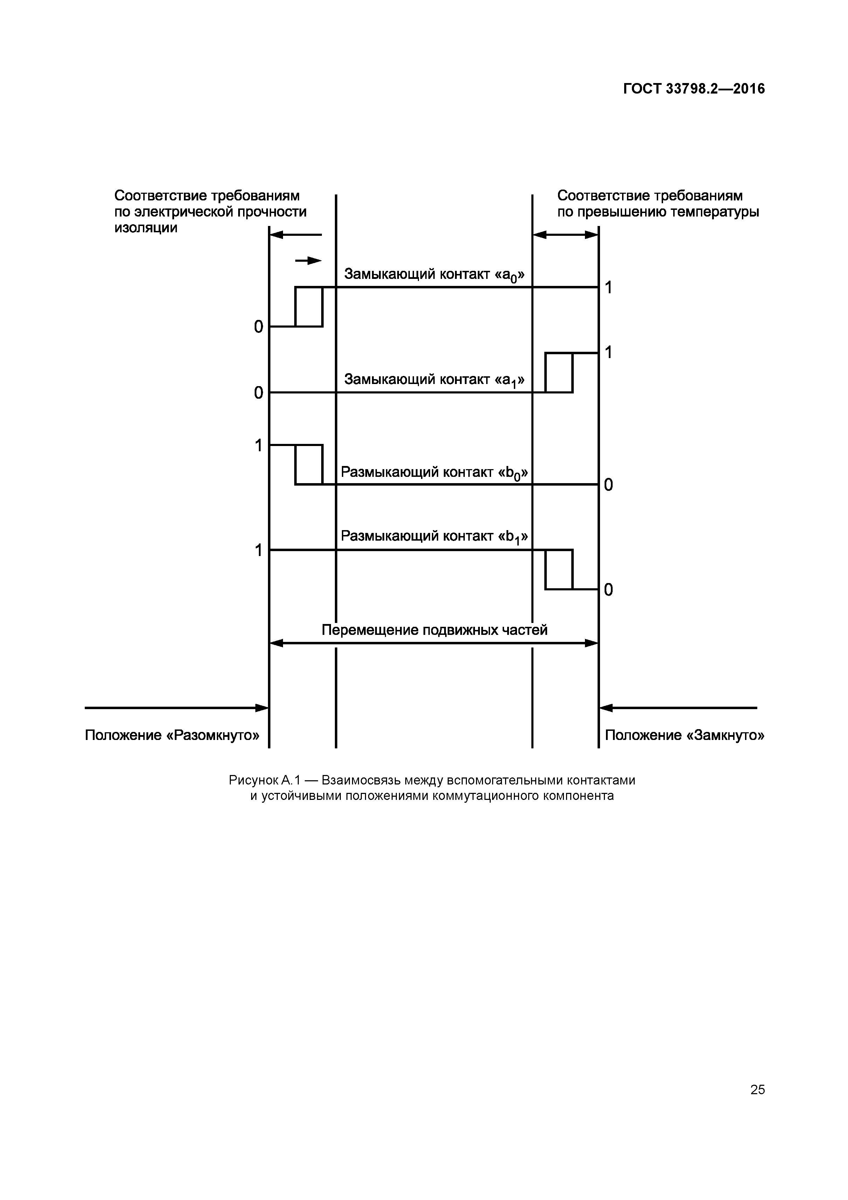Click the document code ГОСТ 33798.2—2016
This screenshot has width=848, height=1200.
pyautogui.click(x=693, y=89)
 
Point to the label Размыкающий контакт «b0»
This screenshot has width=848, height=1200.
pyautogui.click(x=434, y=473)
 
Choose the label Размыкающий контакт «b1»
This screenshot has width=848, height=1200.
pyautogui.click(x=434, y=537)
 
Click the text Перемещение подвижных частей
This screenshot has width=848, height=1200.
pyautogui.click(x=434, y=630)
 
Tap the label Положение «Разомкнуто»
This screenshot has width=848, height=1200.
pyautogui.click(x=172, y=735)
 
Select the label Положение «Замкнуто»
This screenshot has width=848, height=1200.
pyautogui.click(x=684, y=735)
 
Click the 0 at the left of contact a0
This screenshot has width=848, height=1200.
pyautogui.click(x=258, y=327)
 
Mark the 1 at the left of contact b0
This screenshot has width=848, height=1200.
pyautogui.click(x=258, y=446)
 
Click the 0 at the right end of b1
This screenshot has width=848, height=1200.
pyautogui.click(x=608, y=590)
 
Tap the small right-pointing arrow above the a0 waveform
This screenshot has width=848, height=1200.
pyautogui.click(x=308, y=261)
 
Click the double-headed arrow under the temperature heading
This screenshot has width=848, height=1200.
pyautogui.click(x=565, y=235)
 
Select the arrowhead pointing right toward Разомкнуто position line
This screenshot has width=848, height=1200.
pyautogui.click(x=262, y=708)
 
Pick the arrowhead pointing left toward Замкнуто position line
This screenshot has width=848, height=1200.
pyautogui.click(x=606, y=708)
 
